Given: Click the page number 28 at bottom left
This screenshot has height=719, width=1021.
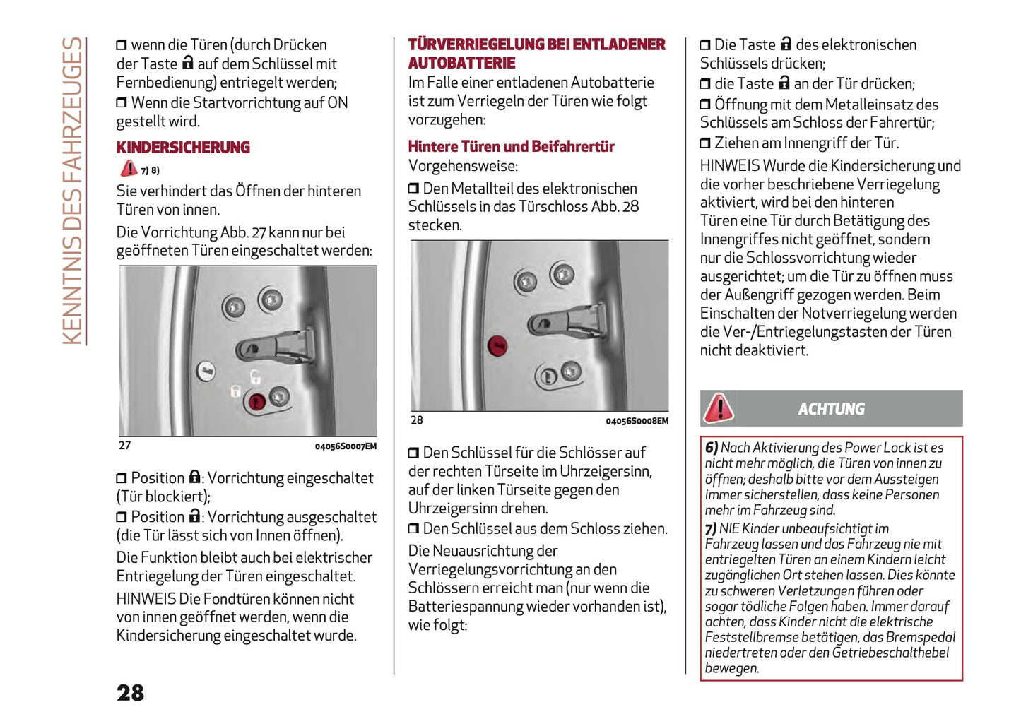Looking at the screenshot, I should point(131,692).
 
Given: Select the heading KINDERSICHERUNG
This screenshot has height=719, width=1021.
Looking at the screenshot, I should point(183,148).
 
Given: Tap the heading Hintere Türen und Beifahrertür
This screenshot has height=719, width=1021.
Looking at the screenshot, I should point(511,147).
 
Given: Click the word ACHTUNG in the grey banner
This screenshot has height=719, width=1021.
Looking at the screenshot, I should point(831,409).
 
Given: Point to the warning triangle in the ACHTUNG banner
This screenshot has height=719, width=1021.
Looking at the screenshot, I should point(719,408).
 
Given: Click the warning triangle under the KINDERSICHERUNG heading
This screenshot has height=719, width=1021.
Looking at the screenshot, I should point(129,169).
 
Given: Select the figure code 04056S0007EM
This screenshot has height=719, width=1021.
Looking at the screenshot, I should point(346,446).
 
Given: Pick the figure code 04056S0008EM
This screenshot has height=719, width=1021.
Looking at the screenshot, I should point(637,421).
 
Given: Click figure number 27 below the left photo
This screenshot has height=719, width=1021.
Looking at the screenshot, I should point(125,446).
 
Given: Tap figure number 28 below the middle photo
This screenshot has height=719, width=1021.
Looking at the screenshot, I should point(417,420).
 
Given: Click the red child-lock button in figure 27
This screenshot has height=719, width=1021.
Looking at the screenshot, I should point(256,402).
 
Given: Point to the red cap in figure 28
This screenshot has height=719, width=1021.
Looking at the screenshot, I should point(498,345).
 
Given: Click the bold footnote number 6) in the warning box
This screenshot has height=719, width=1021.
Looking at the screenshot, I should point(711,448).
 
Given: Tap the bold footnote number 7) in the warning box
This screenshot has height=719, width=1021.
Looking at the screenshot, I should point(710,529).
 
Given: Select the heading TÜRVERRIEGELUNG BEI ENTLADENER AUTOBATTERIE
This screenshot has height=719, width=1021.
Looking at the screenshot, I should point(536,54).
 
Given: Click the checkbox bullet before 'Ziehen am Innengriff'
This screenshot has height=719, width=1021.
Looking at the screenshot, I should point(705,143).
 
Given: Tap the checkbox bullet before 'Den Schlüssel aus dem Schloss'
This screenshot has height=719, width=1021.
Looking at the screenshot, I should point(413,529).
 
